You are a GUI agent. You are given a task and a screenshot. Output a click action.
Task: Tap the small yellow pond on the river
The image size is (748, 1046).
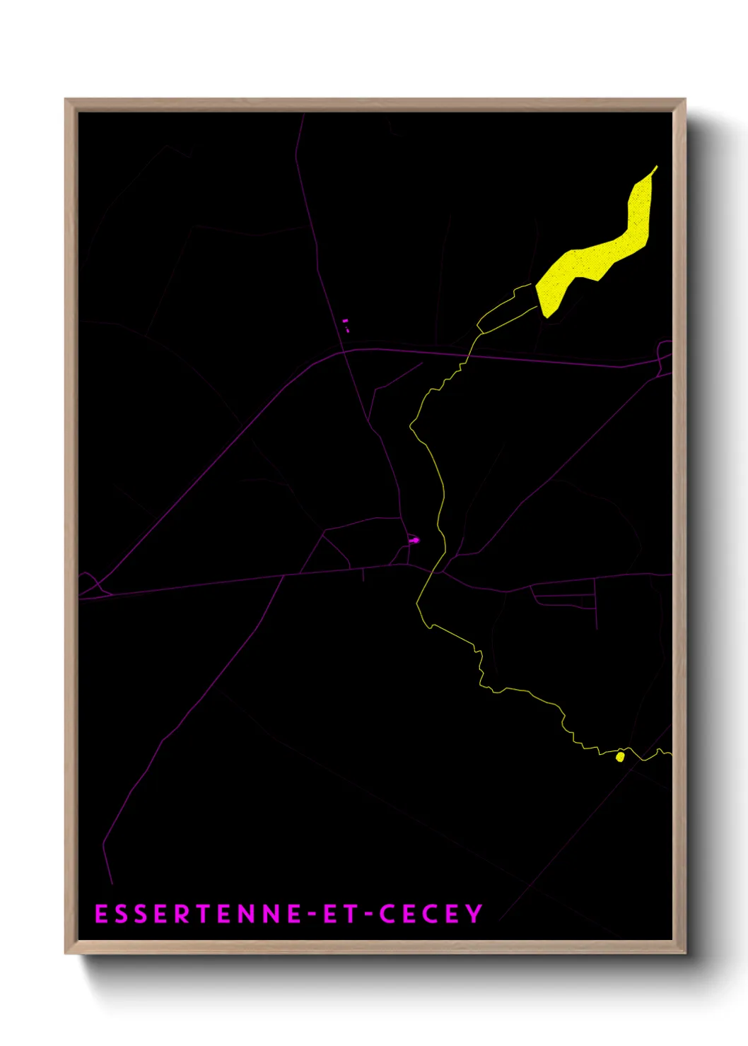click(620, 757)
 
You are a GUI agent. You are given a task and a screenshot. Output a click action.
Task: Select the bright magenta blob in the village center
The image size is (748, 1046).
click(414, 540)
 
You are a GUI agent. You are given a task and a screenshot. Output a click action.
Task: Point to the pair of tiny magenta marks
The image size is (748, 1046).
click(346, 325)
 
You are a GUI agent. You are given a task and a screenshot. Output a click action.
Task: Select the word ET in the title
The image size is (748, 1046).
click(339, 914)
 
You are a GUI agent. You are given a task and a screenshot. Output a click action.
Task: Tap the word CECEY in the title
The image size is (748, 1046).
click(431, 914)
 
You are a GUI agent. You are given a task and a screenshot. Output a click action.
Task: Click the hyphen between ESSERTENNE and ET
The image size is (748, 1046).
click(312, 915)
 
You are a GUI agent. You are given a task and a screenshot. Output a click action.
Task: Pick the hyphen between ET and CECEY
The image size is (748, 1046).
click(368, 915)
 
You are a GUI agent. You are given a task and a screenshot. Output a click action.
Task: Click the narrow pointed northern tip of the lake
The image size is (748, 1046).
click(656, 168)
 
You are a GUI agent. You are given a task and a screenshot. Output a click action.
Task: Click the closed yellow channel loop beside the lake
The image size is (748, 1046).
click(506, 311)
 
